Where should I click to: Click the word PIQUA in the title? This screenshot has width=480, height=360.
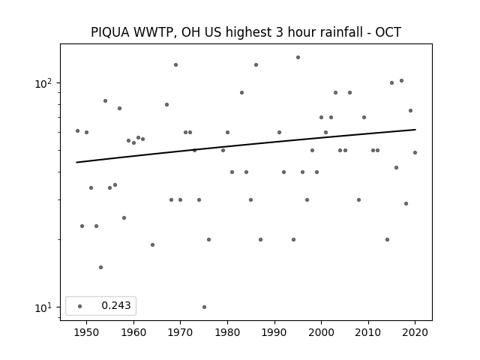(x=110, y=32)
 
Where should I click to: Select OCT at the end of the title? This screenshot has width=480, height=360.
(x=388, y=32)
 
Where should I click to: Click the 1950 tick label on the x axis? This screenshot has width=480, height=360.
(x=87, y=332)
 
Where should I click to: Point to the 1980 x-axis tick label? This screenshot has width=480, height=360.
(x=227, y=332)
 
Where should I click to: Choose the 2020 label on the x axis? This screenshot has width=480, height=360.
(x=415, y=332)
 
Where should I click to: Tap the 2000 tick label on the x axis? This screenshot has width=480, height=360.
(x=321, y=332)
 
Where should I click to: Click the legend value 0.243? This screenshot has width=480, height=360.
(x=116, y=305)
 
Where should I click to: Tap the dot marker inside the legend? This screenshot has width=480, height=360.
(x=80, y=306)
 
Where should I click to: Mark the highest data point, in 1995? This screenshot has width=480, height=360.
(x=298, y=57)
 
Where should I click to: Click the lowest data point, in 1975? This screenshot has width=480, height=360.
(x=204, y=307)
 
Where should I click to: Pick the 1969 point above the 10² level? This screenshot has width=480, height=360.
(x=175, y=65)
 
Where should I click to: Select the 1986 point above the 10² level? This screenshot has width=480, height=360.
(x=256, y=65)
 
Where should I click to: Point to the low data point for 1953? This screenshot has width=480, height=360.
(x=100, y=267)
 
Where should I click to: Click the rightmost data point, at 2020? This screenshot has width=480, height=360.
(x=415, y=152)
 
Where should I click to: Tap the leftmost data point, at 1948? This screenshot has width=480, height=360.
(x=77, y=130)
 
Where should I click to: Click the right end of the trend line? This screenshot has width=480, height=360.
(x=415, y=130)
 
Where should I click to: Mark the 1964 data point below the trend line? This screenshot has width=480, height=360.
(x=152, y=245)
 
